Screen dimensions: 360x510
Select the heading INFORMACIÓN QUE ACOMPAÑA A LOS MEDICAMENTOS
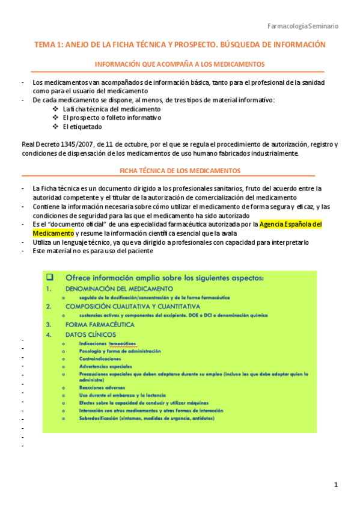[x=180, y=64]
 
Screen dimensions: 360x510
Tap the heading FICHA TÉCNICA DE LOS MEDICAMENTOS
[x=180, y=171]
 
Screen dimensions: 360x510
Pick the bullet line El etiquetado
[x=82, y=127]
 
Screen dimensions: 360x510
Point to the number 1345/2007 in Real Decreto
[x=72, y=144]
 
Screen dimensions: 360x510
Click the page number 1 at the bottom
[x=337, y=485]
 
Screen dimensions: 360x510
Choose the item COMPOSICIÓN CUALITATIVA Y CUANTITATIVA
[x=133, y=306]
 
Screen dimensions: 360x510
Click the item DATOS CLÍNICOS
[x=91, y=334]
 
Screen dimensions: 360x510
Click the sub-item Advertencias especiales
[x=105, y=366]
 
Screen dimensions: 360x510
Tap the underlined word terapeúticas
[x=123, y=343]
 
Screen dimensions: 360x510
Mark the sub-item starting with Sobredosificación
[x=147, y=418]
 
